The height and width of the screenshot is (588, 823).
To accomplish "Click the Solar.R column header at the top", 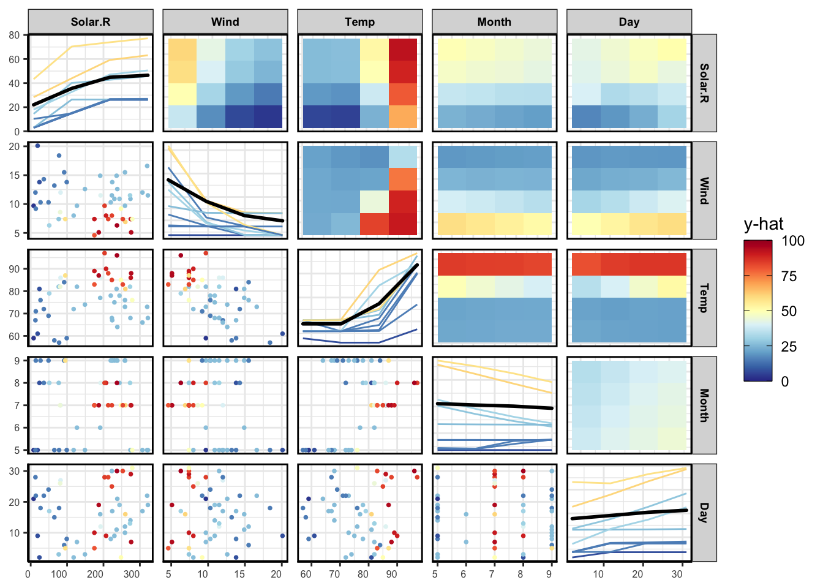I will pos(91,22).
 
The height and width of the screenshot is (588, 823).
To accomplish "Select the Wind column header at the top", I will pos(225,22).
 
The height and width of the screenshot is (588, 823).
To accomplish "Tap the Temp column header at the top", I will pos(360,22).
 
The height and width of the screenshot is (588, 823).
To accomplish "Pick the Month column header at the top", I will pos(494,22).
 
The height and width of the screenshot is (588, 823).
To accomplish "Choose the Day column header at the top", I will pos(629,22).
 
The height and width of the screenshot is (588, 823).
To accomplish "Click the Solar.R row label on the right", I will pos(704,83).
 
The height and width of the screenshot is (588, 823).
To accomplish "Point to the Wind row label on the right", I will pos(704,190).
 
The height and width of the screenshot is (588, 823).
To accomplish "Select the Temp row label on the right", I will pos(704,298).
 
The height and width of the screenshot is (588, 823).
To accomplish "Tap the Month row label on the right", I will pos(704,405).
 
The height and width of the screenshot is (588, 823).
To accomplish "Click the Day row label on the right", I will pos(704,513).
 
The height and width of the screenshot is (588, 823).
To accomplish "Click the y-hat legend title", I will pos(764,224).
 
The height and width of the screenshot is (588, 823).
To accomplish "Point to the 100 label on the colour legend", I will pos(793,241).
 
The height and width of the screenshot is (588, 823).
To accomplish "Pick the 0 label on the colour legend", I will pos(785,381).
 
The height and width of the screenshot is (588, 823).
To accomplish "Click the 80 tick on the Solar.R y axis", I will pos(14,35).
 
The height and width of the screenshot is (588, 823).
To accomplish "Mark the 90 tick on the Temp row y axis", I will pos(14,269).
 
